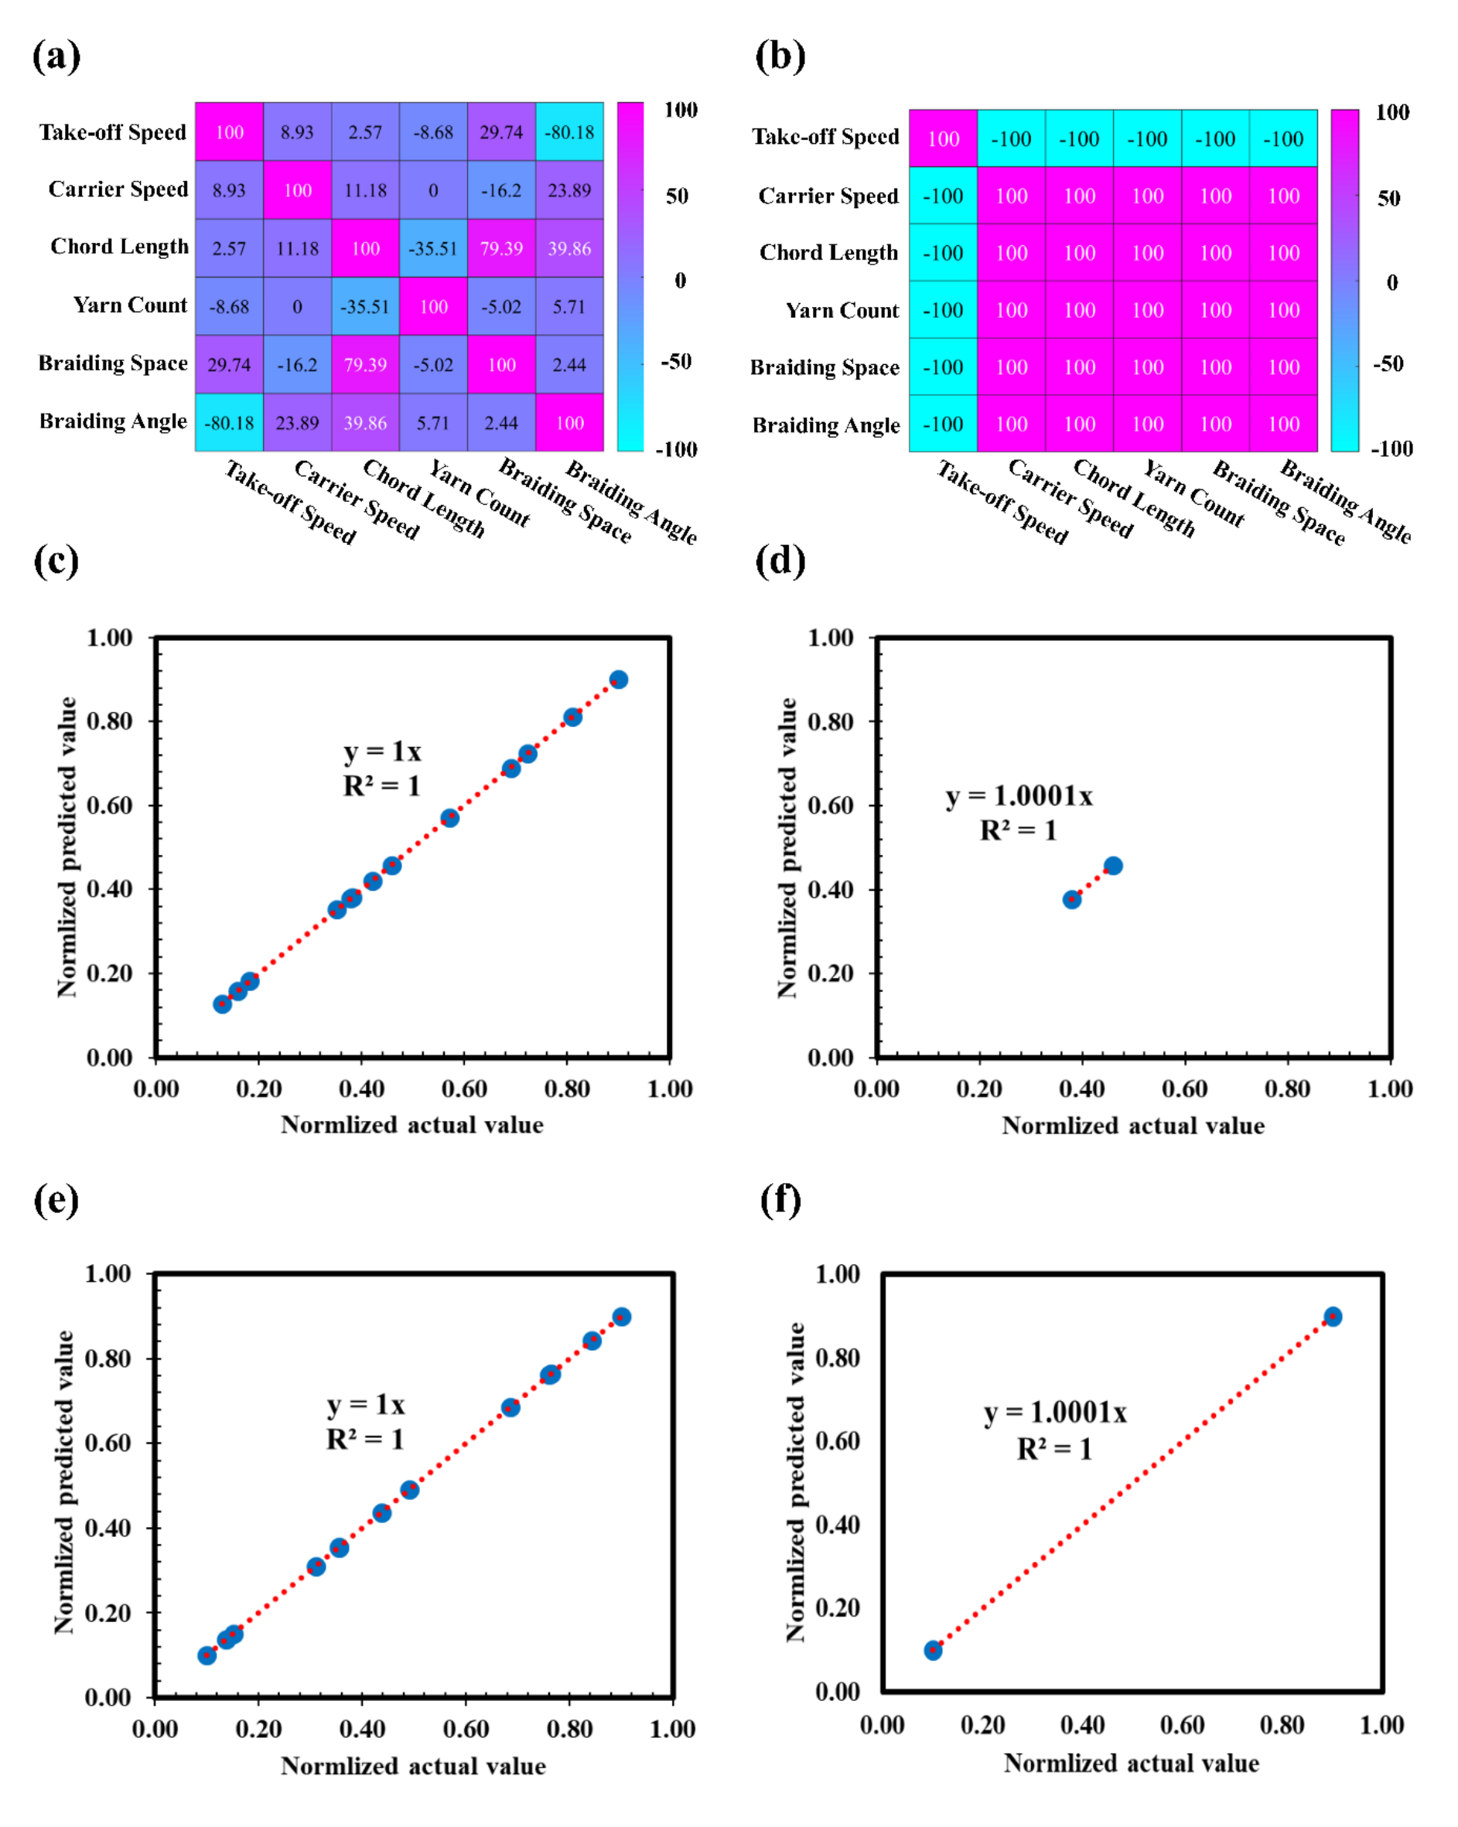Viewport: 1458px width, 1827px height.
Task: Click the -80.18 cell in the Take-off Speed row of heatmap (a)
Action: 569,132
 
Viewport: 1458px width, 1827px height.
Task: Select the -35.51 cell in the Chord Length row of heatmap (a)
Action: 432,248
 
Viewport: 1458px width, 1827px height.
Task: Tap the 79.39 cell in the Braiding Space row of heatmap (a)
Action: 364,364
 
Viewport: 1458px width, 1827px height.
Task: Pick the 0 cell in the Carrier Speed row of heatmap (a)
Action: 432,191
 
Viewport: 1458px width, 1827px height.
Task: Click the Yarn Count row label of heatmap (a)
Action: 130,305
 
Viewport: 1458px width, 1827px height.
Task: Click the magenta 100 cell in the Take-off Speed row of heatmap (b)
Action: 943,139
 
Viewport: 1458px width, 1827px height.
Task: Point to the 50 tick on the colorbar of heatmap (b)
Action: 1388,198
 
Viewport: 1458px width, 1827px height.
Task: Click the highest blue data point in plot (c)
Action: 618,680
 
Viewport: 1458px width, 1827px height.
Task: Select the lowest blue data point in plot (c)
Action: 222,1004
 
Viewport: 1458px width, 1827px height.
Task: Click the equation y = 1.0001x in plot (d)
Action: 1019,796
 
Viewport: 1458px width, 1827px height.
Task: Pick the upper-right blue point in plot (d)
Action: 1113,865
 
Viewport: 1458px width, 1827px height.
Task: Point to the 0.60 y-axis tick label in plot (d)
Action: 830,805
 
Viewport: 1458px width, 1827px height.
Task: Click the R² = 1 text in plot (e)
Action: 365,1439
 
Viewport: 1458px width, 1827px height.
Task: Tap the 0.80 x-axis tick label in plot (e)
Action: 569,1729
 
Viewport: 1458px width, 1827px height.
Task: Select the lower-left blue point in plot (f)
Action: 933,1650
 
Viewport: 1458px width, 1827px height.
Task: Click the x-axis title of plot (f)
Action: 1132,1764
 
